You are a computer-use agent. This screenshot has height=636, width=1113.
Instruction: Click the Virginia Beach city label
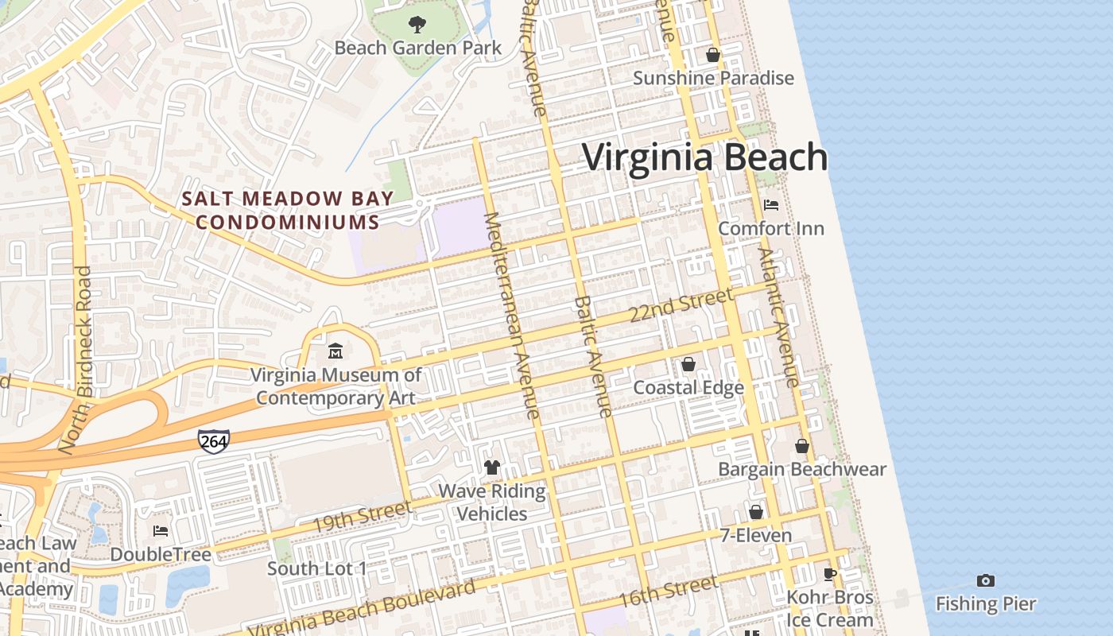point(705,157)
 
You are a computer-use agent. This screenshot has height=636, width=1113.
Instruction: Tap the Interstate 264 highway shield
point(214,441)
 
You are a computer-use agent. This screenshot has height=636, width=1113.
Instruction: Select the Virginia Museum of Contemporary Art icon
point(335,351)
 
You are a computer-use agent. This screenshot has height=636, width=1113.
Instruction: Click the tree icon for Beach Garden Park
point(417,25)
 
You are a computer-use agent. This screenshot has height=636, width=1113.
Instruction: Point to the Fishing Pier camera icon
point(986,581)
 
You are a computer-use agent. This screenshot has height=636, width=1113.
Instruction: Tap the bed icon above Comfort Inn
point(770,205)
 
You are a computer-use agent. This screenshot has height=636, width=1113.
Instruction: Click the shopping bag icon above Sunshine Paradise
point(713,55)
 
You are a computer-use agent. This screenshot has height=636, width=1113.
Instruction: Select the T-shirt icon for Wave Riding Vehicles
point(492,467)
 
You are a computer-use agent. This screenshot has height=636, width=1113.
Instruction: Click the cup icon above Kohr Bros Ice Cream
point(830,574)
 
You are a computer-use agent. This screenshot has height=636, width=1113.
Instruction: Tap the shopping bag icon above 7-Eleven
point(755,512)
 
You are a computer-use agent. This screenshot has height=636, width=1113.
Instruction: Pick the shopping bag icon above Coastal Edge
point(688,364)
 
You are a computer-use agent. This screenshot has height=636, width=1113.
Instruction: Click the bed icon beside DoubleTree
point(161,531)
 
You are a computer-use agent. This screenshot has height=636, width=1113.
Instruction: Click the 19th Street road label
point(362,517)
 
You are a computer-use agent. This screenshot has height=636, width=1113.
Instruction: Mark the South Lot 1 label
point(317,568)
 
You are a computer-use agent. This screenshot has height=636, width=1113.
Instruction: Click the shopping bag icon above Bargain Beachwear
point(802,446)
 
